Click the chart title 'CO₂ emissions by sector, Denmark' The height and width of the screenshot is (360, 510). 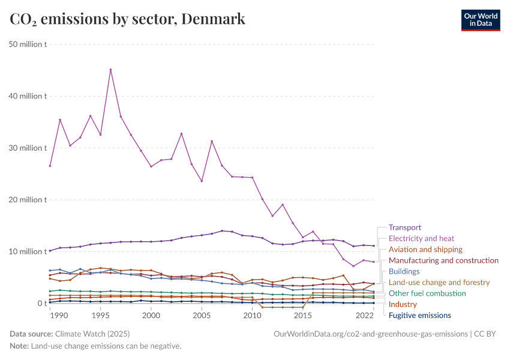127,19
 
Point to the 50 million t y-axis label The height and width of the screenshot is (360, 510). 28,44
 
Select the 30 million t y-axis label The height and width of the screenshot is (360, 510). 28,148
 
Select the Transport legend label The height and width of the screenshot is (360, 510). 404,227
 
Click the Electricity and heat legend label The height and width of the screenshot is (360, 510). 421,238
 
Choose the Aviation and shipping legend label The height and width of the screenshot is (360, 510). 425,250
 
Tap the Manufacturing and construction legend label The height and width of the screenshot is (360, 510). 443,260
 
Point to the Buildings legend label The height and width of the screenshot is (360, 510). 404,271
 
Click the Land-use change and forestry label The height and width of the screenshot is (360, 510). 439,282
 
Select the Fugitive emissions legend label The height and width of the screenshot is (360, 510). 419,315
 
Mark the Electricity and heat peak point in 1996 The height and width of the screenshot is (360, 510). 110,70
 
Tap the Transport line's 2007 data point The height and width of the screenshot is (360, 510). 222,231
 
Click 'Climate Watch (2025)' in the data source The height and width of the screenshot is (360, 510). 92,334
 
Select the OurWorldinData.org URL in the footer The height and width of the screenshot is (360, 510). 370,334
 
